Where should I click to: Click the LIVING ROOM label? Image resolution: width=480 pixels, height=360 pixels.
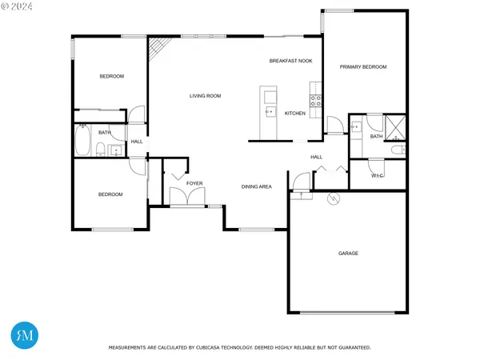click(x=205, y=96)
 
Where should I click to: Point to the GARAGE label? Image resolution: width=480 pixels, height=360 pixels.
click(x=347, y=253)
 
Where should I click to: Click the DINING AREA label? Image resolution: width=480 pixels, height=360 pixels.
click(x=257, y=186)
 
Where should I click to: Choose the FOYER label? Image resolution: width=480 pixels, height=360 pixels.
click(x=194, y=183)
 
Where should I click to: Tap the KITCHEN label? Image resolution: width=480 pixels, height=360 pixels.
click(x=295, y=114)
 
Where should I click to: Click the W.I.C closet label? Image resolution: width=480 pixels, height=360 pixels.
click(x=378, y=175)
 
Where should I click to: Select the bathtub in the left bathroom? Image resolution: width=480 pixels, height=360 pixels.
click(x=82, y=142)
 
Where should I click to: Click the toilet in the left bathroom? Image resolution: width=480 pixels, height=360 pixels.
click(x=99, y=150)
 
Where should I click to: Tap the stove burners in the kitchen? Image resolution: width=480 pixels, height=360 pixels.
click(x=316, y=101)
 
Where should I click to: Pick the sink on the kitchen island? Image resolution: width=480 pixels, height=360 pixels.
click(x=270, y=113)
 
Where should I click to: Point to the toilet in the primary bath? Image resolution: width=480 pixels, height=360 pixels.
click(x=398, y=150)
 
